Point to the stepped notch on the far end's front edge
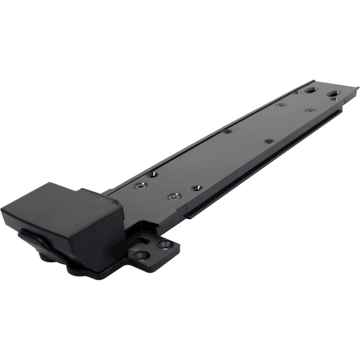coord(341,104)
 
